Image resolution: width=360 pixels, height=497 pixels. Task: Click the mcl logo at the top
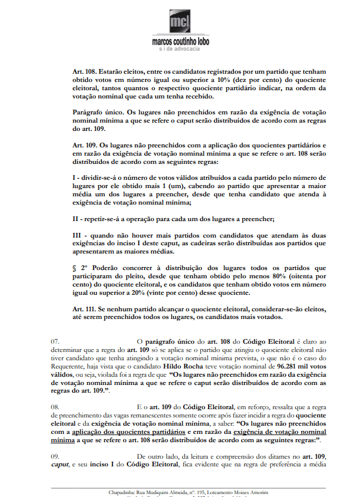(180, 21)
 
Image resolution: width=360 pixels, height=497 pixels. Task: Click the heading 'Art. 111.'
(85, 309)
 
